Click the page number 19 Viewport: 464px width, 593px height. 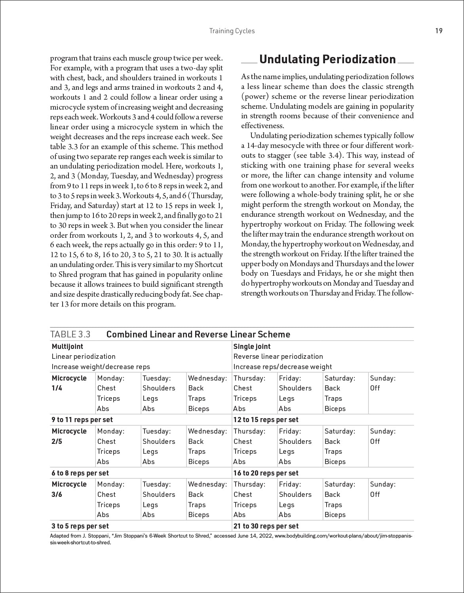(x=439, y=31)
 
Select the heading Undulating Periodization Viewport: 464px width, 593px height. (x=327, y=60)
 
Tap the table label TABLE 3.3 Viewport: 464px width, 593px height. (x=70, y=334)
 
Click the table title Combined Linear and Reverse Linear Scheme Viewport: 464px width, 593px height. (x=198, y=334)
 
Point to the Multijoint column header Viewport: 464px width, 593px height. (x=67, y=347)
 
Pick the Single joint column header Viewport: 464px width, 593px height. (x=252, y=347)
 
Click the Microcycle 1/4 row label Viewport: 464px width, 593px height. (x=69, y=383)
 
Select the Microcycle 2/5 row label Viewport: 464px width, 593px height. (x=69, y=436)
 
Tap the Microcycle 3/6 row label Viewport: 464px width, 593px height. (x=69, y=489)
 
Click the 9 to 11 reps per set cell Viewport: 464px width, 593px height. (x=82, y=420)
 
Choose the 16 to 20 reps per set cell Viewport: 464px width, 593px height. (x=266, y=473)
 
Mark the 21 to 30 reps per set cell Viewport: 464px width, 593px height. (x=266, y=526)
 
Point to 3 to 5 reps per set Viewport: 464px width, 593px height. (x=80, y=526)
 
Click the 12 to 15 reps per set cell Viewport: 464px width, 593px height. (x=266, y=420)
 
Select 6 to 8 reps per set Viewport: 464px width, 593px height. (x=80, y=473)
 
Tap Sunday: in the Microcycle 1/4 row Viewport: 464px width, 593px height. (x=382, y=378)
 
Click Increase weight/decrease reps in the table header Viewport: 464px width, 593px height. (x=101, y=367)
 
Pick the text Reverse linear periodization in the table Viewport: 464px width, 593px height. (x=278, y=356)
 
